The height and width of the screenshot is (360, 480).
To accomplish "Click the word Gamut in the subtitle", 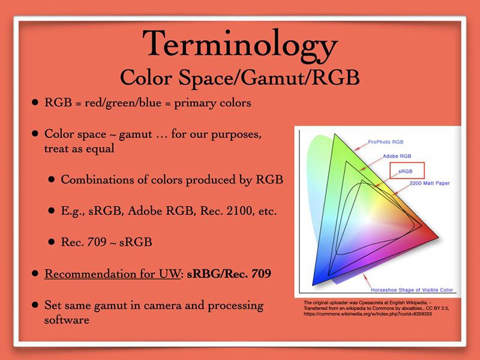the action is [x=273, y=77].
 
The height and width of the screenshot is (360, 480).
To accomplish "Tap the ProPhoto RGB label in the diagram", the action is [x=385, y=142].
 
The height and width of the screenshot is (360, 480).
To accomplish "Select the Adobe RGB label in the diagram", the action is [x=397, y=156].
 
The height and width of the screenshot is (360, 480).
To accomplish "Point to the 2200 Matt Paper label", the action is [x=430, y=184].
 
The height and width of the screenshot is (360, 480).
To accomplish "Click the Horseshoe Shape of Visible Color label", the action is [x=412, y=290].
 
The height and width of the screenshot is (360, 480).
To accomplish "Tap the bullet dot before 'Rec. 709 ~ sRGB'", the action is [x=52, y=242].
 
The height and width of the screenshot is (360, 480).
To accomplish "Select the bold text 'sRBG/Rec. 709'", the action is [x=229, y=274].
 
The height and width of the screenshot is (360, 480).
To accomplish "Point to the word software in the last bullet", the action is [x=67, y=320].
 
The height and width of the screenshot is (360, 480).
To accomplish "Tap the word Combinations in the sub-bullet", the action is [x=97, y=179].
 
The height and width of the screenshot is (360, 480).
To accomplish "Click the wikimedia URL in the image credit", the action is [x=368, y=314].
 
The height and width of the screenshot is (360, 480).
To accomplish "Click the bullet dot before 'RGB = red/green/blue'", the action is [x=35, y=102].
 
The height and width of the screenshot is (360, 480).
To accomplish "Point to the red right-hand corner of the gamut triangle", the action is [x=438, y=236].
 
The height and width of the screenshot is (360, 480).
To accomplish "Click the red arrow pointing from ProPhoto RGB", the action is [x=361, y=146].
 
